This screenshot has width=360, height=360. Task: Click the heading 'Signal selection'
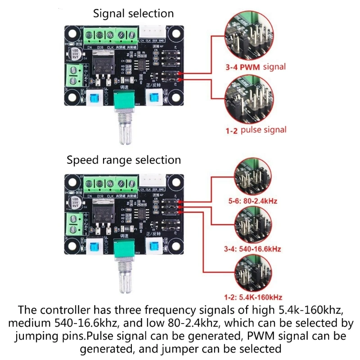pyautogui.click(x=133, y=13)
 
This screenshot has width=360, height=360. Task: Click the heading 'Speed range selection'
pyautogui.click(x=124, y=160)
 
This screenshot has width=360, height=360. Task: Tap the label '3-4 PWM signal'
pyautogui.click(x=256, y=67)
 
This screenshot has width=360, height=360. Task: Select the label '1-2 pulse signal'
pyautogui.click(x=256, y=130)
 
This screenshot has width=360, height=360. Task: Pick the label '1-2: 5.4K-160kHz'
pyautogui.click(x=253, y=297)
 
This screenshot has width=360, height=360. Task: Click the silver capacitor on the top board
pyautogui.click(x=73, y=52)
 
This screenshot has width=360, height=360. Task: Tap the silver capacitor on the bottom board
pyautogui.click(x=73, y=201)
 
